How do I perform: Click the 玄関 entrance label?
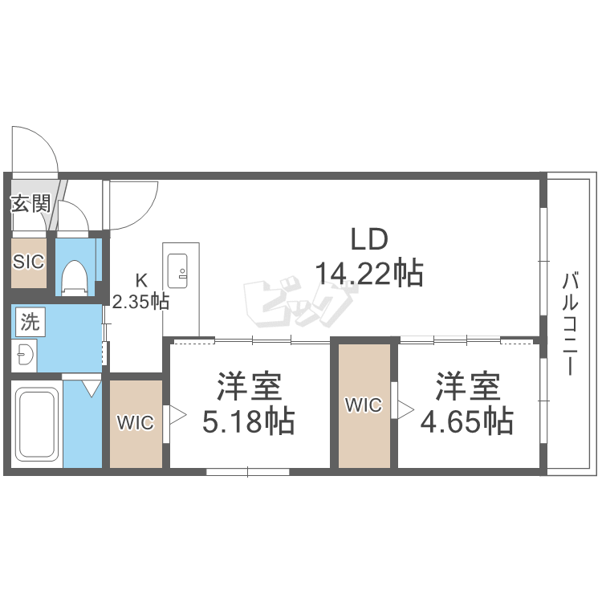pyautogui.click(x=31, y=204)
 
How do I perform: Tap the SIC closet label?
pyautogui.click(x=28, y=262)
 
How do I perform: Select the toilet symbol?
pyautogui.click(x=75, y=278)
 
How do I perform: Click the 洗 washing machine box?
pyautogui.click(x=31, y=322)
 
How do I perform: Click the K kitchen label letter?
pyautogui.click(x=141, y=281)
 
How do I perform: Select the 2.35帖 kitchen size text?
pyautogui.click(x=140, y=302)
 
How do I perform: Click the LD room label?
pyautogui.click(x=370, y=239)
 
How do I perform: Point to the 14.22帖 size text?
pyautogui.click(x=369, y=274)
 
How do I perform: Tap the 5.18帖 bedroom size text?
pyautogui.click(x=248, y=421)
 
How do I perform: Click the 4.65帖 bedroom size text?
pyautogui.click(x=467, y=421)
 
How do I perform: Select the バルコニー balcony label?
pyautogui.click(x=570, y=323)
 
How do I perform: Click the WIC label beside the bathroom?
pyautogui.click(x=136, y=423)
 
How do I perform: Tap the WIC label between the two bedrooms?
pyautogui.click(x=364, y=405)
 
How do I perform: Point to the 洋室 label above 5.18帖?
pyautogui.click(x=249, y=386)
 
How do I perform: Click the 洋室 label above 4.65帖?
pyautogui.click(x=468, y=386)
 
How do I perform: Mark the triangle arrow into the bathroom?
pyautogui.click(x=92, y=388)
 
